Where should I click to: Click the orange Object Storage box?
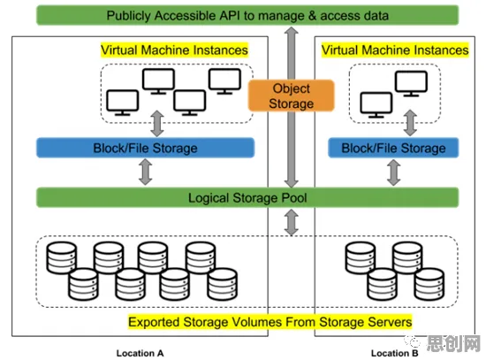[x=291, y=96]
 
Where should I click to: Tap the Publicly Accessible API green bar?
[x=247, y=15]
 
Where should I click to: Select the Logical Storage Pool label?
[x=247, y=197]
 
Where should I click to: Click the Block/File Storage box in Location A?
[x=146, y=148]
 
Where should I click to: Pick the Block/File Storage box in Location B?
[x=393, y=148]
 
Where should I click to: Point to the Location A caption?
[x=140, y=353]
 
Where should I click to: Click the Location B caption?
[x=395, y=353]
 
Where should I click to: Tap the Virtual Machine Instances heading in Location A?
[x=174, y=50]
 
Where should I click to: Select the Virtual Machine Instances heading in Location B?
[x=395, y=50]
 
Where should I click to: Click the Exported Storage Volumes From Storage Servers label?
[x=270, y=322]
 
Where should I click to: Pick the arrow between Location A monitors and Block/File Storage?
[x=157, y=124]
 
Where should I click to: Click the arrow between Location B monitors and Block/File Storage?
[x=410, y=123]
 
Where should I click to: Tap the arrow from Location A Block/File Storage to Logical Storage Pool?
[x=146, y=172]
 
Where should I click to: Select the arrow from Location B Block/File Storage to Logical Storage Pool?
[x=394, y=172]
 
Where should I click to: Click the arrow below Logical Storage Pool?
[x=292, y=222]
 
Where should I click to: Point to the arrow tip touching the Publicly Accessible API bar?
[x=292, y=27]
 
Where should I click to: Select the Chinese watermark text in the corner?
[x=453, y=343]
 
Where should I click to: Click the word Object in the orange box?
[x=291, y=88]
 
